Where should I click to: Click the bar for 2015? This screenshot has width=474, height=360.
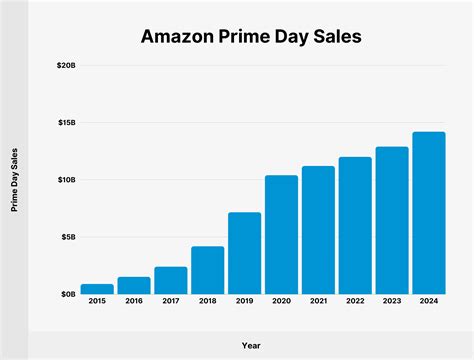click(97, 289)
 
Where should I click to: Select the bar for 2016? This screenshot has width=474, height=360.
click(134, 286)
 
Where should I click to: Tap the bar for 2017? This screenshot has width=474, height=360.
click(171, 281)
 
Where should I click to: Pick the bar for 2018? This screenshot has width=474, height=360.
click(207, 270)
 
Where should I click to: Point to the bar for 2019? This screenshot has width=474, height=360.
click(244, 253)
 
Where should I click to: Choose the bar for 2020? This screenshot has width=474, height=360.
click(281, 235)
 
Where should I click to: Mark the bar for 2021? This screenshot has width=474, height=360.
click(318, 230)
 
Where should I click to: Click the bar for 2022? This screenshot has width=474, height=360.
click(355, 226)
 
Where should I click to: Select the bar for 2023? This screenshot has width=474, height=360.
click(392, 221)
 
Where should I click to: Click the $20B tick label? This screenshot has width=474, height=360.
click(63, 65)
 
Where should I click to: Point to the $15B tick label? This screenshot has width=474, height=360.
click(63, 122)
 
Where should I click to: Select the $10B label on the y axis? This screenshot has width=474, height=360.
click(63, 180)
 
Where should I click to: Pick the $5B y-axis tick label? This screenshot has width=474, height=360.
click(65, 237)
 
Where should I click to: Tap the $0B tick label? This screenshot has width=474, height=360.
click(65, 294)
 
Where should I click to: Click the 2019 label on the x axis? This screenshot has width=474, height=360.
click(244, 301)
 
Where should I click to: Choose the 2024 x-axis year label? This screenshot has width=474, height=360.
click(428, 301)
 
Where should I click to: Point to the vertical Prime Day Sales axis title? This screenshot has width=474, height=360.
click(14, 180)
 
